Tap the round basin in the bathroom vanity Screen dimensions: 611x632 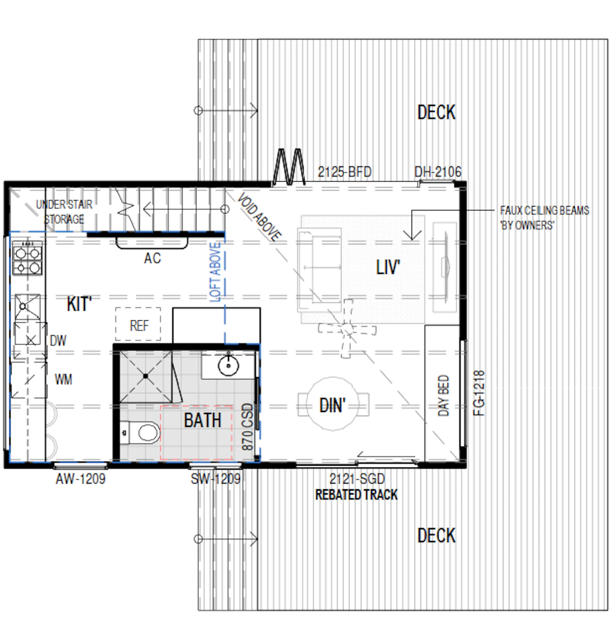228,365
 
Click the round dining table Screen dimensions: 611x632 333,404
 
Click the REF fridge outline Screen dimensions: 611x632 138,324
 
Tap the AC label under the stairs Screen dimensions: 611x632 152,258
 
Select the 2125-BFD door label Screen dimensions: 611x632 344,172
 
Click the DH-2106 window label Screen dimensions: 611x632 438,172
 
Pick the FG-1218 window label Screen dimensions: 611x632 479,393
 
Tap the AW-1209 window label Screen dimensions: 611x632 81,479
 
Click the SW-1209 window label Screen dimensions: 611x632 215,479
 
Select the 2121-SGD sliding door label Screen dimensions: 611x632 357,479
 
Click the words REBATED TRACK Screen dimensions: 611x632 356,495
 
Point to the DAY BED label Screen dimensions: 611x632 443,395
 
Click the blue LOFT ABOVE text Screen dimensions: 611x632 215,272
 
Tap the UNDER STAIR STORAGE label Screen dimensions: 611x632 64,212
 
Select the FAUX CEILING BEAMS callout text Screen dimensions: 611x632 544,218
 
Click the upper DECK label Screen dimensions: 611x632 436,112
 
